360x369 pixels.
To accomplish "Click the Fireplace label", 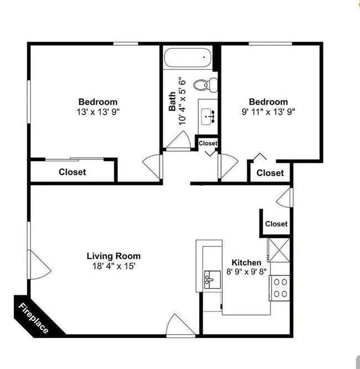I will pyautogui.click(x=34, y=318).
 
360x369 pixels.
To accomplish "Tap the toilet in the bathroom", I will pyautogui.click(x=207, y=85).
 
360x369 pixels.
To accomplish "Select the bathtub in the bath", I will pyautogui.click(x=187, y=57).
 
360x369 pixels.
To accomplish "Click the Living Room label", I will pyautogui.click(x=114, y=256).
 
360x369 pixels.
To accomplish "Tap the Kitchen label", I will pyautogui.click(x=246, y=262).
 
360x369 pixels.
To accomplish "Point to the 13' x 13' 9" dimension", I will pyautogui.click(x=98, y=111).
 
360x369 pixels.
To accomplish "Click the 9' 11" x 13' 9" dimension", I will pyautogui.click(x=268, y=111).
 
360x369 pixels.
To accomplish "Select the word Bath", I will pyautogui.click(x=173, y=101).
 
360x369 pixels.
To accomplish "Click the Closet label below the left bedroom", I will pyautogui.click(x=73, y=172).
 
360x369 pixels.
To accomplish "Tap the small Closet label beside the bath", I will pyautogui.click(x=208, y=143).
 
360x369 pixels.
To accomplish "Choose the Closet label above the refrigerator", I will pyautogui.click(x=276, y=224).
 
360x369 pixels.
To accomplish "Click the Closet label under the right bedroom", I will pyautogui.click(x=270, y=173).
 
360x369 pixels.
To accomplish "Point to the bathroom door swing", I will pyautogui.click(x=178, y=141).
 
